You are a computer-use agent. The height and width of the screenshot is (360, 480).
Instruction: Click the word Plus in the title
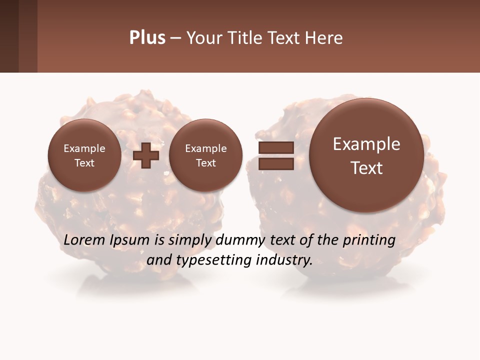click(x=147, y=38)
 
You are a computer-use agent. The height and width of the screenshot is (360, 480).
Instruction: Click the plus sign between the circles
click(x=146, y=155)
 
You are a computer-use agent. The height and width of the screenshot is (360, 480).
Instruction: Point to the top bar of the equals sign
click(x=275, y=147)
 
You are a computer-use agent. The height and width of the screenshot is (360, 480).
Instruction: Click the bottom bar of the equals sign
click(x=275, y=163)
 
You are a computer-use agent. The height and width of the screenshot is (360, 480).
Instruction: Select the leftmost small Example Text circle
click(x=84, y=155)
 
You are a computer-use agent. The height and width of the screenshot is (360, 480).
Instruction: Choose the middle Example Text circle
click(x=205, y=155)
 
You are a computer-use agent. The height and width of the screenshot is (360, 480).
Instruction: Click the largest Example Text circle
click(x=366, y=155)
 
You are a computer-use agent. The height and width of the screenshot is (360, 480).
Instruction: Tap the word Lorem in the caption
click(x=84, y=240)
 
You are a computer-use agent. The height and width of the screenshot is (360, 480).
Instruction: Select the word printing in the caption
click(x=369, y=240)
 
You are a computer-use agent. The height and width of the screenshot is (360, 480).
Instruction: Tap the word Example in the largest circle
click(x=366, y=144)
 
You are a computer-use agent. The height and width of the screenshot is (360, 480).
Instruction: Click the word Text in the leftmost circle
click(x=84, y=163)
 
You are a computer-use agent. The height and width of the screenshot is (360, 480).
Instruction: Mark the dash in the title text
click(x=175, y=38)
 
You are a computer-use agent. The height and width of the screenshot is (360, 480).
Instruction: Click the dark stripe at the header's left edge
click(x=9, y=36)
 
